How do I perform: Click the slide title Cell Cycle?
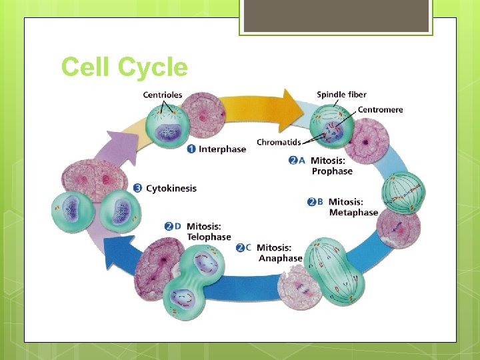pos(125,68)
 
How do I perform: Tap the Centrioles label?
pos(162,95)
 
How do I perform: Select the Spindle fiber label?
pos(341,95)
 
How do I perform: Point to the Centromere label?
pos(380,109)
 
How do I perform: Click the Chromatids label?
pos(278,142)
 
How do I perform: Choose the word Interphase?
pos(222,149)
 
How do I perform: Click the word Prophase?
pos(332,171)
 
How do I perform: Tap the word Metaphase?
pos(353,213)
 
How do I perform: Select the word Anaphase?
pos(280,258)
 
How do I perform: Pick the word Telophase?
pos(209,237)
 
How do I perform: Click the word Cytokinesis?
pos(171,188)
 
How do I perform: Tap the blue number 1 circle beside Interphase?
pos(192,149)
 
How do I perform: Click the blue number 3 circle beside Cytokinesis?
pos(138,188)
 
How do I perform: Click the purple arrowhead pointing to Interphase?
pos(115,143)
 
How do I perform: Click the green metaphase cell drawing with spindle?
pos(402,192)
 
